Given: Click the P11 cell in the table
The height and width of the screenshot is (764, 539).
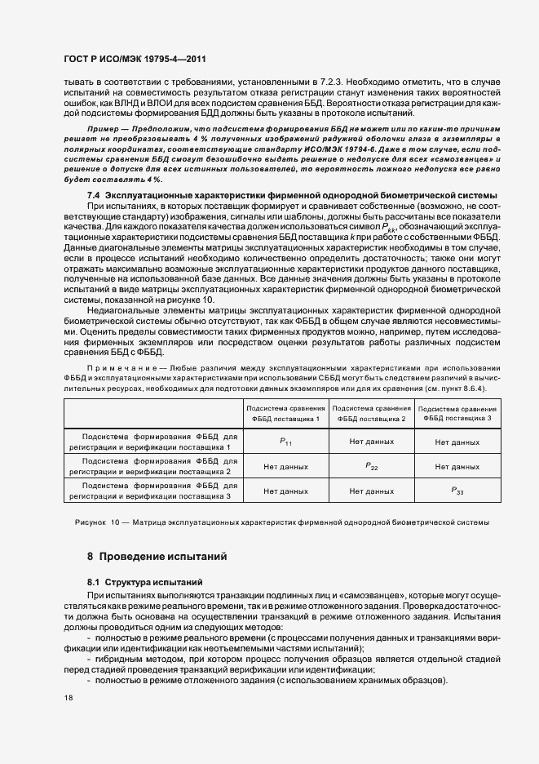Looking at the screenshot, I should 285,442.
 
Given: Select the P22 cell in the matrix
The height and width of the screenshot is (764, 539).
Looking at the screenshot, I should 371,466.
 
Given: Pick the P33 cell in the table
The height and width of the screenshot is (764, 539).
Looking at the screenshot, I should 457,491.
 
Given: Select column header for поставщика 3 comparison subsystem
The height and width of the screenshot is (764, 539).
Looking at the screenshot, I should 457,413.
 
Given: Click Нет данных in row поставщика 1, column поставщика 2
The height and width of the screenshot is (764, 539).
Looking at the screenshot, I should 371,442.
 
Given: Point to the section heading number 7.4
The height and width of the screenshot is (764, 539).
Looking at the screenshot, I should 93,196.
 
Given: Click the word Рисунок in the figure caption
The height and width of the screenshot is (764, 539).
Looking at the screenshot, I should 91,522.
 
